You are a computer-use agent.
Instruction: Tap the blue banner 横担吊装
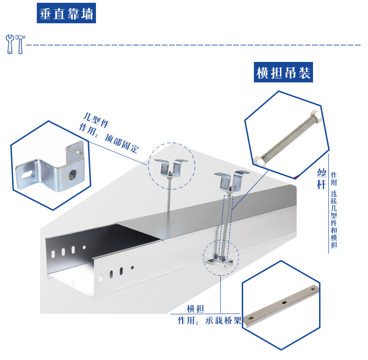tap(283, 73)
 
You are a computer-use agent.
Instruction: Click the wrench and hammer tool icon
tap(15, 44)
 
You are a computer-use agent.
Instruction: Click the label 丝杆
tap(320, 180)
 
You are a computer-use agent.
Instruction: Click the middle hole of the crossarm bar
tap(284, 304)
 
